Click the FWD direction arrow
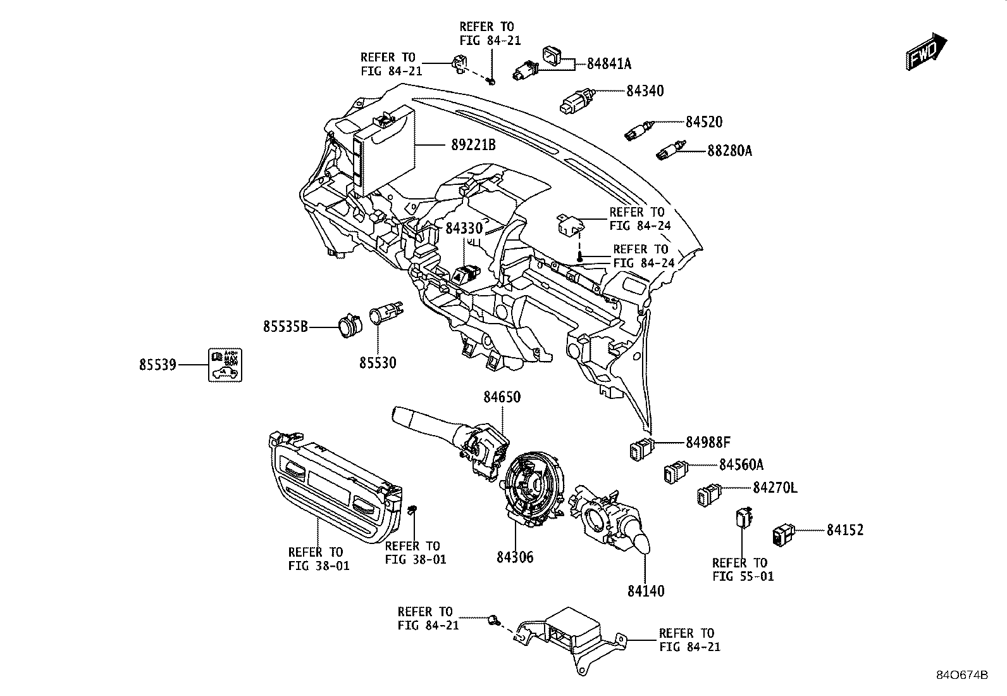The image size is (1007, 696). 926,52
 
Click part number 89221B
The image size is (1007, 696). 473,145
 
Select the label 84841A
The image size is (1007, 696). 609,64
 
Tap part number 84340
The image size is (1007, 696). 645,91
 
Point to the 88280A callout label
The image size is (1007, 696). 729,150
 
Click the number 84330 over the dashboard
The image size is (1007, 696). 464,228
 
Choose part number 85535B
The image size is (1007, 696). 285,326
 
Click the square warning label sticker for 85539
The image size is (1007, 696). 225,365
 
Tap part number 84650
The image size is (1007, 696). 502,397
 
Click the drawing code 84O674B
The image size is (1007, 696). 962,675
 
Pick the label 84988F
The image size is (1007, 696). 708,443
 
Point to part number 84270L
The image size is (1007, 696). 775,488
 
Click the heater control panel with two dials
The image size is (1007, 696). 335,487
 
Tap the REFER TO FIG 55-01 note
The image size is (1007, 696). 743,569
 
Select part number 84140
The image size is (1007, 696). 646,591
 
